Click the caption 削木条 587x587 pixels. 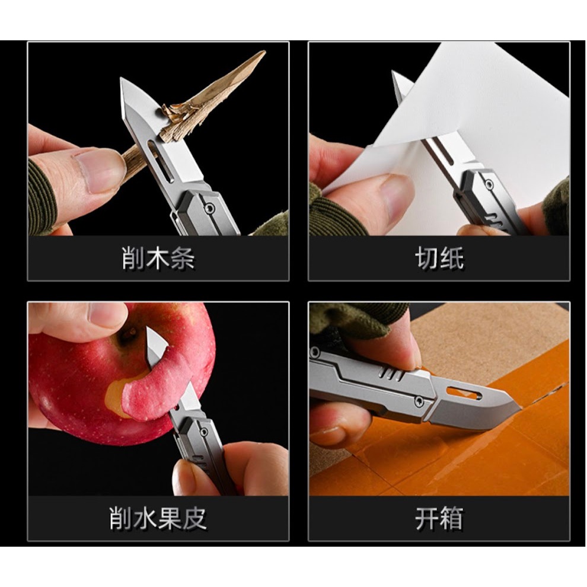point(158,258)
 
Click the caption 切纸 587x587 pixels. point(439,258)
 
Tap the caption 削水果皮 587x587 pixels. point(158,518)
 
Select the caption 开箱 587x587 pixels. point(439,518)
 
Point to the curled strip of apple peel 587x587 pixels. point(157,390)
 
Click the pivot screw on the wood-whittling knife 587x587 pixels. point(209,207)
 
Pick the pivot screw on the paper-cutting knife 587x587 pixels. point(489,184)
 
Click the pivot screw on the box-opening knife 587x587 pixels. point(419,402)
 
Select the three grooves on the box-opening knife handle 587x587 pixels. point(391,374)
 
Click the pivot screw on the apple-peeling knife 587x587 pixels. point(203,432)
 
